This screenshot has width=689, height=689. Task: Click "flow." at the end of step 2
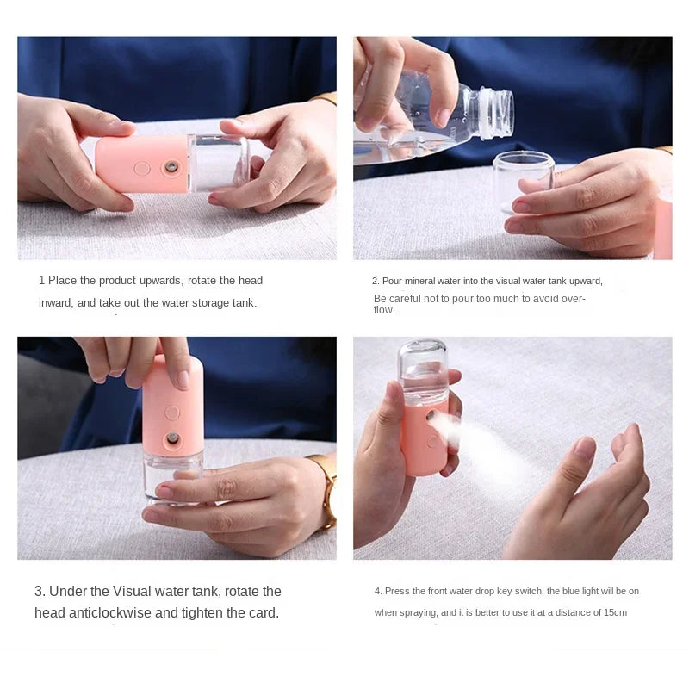point(384,310)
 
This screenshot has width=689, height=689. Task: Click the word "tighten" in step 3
point(217,613)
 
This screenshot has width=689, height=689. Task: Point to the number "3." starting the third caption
point(40,592)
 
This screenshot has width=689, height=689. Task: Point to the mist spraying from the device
point(482,439)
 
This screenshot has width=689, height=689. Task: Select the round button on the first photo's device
point(142,169)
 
